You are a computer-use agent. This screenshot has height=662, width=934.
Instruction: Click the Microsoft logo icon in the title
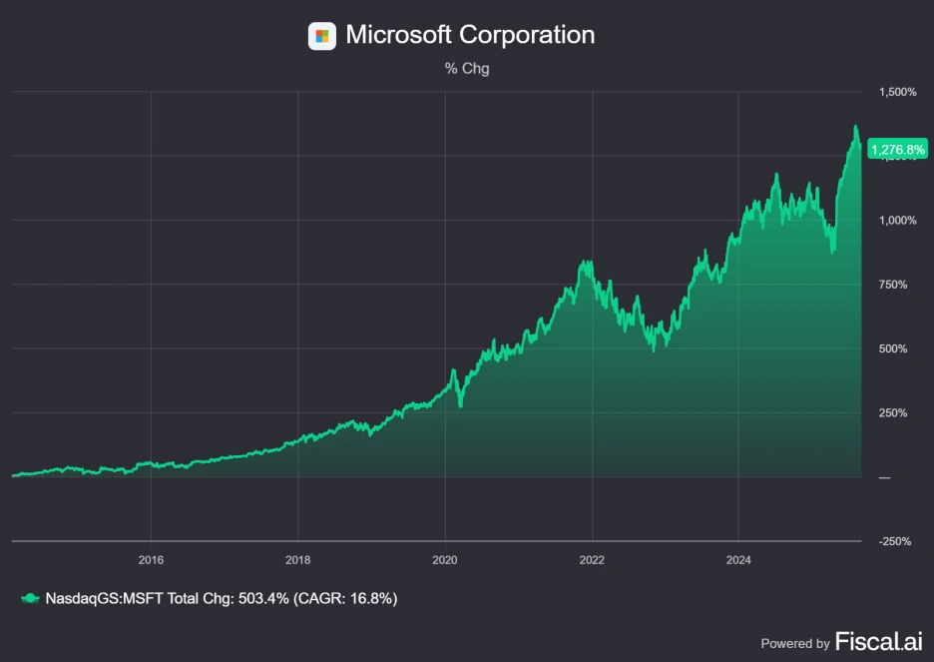[x=321, y=36]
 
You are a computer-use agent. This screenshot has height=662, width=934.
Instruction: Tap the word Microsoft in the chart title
[x=398, y=35]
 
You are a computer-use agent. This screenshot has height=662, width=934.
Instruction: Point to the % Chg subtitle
[x=467, y=69]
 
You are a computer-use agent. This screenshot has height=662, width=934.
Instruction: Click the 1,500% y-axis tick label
[x=897, y=92]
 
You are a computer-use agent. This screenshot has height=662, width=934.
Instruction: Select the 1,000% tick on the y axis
[x=897, y=221]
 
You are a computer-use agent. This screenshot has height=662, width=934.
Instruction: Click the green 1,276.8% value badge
[x=898, y=150]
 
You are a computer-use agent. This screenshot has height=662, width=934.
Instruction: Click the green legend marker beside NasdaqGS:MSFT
[x=30, y=598]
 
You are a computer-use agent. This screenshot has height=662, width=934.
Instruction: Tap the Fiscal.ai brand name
[x=878, y=641]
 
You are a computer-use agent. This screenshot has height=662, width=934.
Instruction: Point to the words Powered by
[x=795, y=643]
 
